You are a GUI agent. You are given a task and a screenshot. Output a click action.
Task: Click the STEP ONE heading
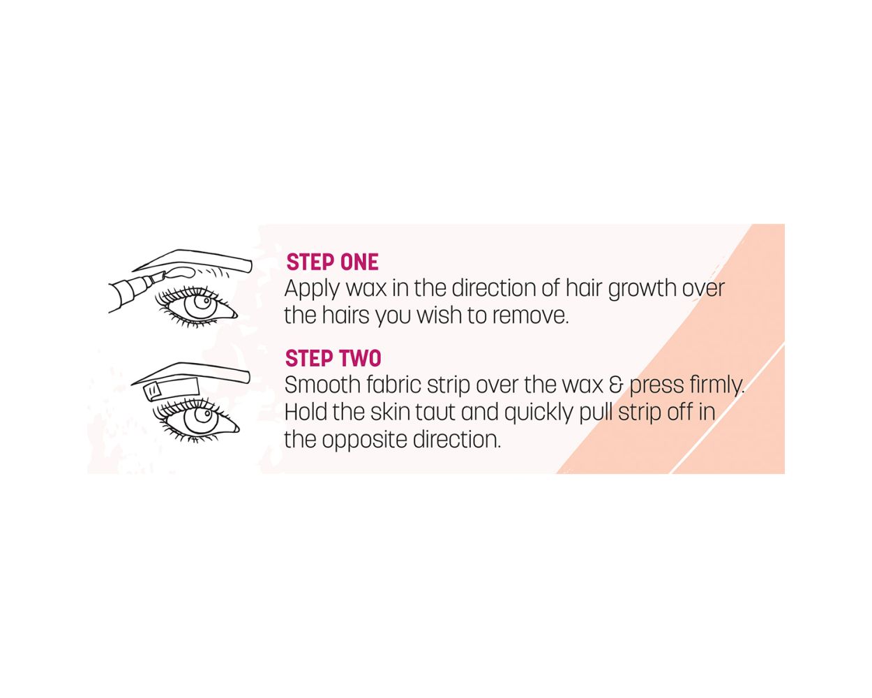point(332,262)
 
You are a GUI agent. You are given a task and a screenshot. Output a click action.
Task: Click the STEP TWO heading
point(333,358)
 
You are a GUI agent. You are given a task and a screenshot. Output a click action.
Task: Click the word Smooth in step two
point(322,385)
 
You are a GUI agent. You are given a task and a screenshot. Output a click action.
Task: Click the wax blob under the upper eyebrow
point(179,272)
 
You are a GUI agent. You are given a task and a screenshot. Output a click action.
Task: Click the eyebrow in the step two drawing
point(190,372)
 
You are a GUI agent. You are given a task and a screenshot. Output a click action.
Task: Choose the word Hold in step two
point(306,412)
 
